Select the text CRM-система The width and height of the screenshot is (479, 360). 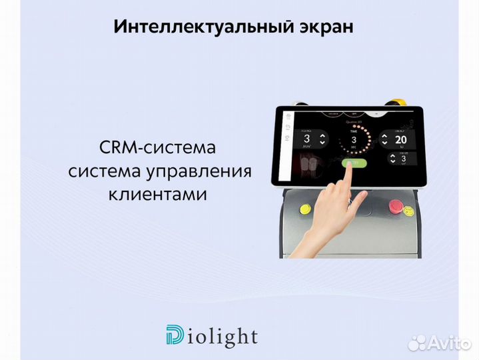pos(159,147)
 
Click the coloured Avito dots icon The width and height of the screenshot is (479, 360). pos(418,343)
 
